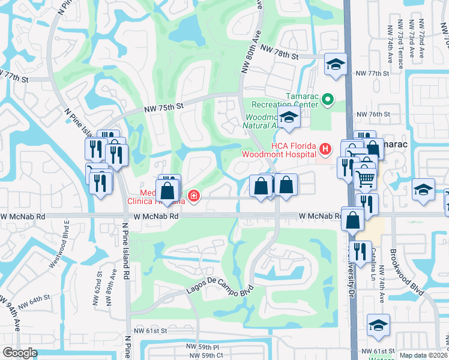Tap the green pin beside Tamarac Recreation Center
[328, 99]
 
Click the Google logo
[20, 353]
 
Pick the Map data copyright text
[423, 355]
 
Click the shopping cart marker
[366, 178]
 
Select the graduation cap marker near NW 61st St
[378, 326]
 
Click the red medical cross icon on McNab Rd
[193, 195]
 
